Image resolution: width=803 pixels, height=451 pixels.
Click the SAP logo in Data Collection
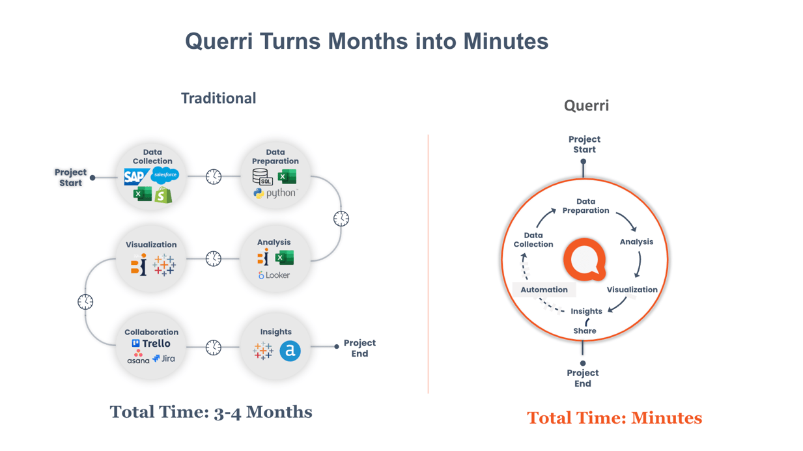point(135,176)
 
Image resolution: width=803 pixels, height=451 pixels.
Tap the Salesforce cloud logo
point(165,174)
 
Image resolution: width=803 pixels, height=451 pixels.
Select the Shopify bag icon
point(163,194)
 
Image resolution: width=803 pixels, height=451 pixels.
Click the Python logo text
point(275,193)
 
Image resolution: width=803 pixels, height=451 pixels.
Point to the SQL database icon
point(262,176)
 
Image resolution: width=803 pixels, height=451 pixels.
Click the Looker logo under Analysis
point(274,275)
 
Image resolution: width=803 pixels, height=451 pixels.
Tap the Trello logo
point(151,344)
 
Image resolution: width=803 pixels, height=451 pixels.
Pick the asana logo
point(138,357)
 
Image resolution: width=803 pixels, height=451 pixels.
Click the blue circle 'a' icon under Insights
point(290,351)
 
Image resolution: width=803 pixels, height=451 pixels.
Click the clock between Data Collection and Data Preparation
point(214,176)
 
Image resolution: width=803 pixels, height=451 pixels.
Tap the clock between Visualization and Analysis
point(214,258)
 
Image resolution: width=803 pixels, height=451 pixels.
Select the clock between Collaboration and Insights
point(214,348)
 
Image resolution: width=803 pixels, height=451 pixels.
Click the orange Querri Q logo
point(584,260)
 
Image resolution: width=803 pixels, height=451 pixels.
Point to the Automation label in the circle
point(544,290)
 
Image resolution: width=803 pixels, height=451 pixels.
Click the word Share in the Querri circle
point(584,331)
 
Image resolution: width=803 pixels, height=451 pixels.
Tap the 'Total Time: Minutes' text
point(614,418)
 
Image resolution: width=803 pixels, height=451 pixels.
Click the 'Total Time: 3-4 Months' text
point(211,412)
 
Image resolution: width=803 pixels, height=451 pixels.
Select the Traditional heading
point(218,98)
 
